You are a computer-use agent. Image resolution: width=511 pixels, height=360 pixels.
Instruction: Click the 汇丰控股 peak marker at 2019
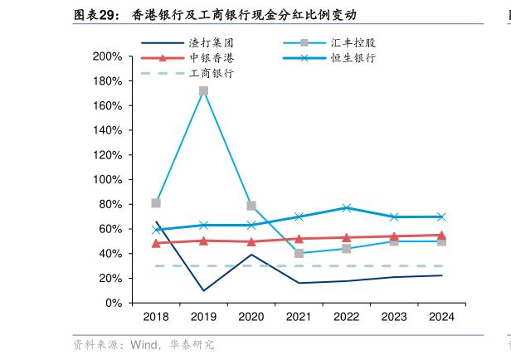pyautogui.click(x=203, y=90)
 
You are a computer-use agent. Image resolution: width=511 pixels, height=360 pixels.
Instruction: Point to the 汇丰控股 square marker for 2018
pyautogui.click(x=156, y=203)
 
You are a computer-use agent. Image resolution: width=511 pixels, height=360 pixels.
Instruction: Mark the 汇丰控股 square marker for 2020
pyautogui.click(x=251, y=206)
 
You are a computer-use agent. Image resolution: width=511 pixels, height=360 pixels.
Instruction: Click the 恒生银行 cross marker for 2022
pyautogui.click(x=347, y=208)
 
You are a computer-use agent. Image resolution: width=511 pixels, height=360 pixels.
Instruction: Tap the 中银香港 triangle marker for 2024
pyautogui.click(x=441, y=236)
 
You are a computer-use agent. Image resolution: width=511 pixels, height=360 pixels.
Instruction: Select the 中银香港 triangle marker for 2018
pyautogui.click(x=156, y=243)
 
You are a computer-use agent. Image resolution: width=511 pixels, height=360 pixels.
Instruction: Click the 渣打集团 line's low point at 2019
pyautogui.click(x=203, y=290)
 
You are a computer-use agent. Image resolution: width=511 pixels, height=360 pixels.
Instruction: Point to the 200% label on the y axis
pyautogui.click(x=108, y=57)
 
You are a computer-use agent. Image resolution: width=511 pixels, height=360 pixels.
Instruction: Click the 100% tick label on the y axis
pyautogui.click(x=108, y=180)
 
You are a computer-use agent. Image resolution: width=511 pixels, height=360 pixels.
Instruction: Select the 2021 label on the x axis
pyautogui.click(x=299, y=317)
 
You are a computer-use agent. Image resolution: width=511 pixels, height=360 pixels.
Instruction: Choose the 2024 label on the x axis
pyautogui.click(x=441, y=317)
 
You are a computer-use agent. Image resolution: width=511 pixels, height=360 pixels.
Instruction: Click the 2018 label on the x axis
pyautogui.click(x=156, y=317)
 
